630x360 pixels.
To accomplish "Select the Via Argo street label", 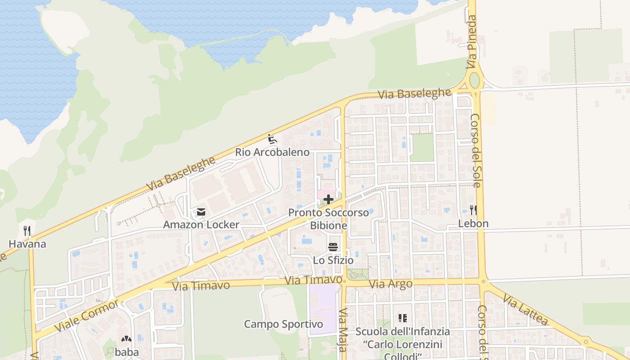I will coord(391,284).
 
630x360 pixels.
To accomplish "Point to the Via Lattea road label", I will coord(525,309).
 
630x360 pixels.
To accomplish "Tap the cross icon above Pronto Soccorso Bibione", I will coord(328,199).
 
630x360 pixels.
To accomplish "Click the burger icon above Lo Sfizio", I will coord(333,247).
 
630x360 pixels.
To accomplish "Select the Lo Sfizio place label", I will coord(333,260).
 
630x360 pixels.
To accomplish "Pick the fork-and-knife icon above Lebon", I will coord(473,210).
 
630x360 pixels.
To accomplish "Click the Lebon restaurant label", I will coord(473,224).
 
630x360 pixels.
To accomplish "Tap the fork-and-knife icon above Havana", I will coord(27,231).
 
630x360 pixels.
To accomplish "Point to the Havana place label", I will coord(27,244).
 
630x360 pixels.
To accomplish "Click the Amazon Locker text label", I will coord(201,225).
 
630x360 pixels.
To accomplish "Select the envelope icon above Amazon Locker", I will coord(201,211).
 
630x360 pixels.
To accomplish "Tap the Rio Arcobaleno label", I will coord(272,152).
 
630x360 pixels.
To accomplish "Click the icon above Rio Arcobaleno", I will coord(272,139).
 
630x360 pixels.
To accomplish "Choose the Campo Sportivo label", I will coord(283,324).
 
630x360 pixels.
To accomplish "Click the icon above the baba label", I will coord(126,339).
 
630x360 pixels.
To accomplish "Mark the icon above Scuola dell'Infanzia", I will coord(402,318).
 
